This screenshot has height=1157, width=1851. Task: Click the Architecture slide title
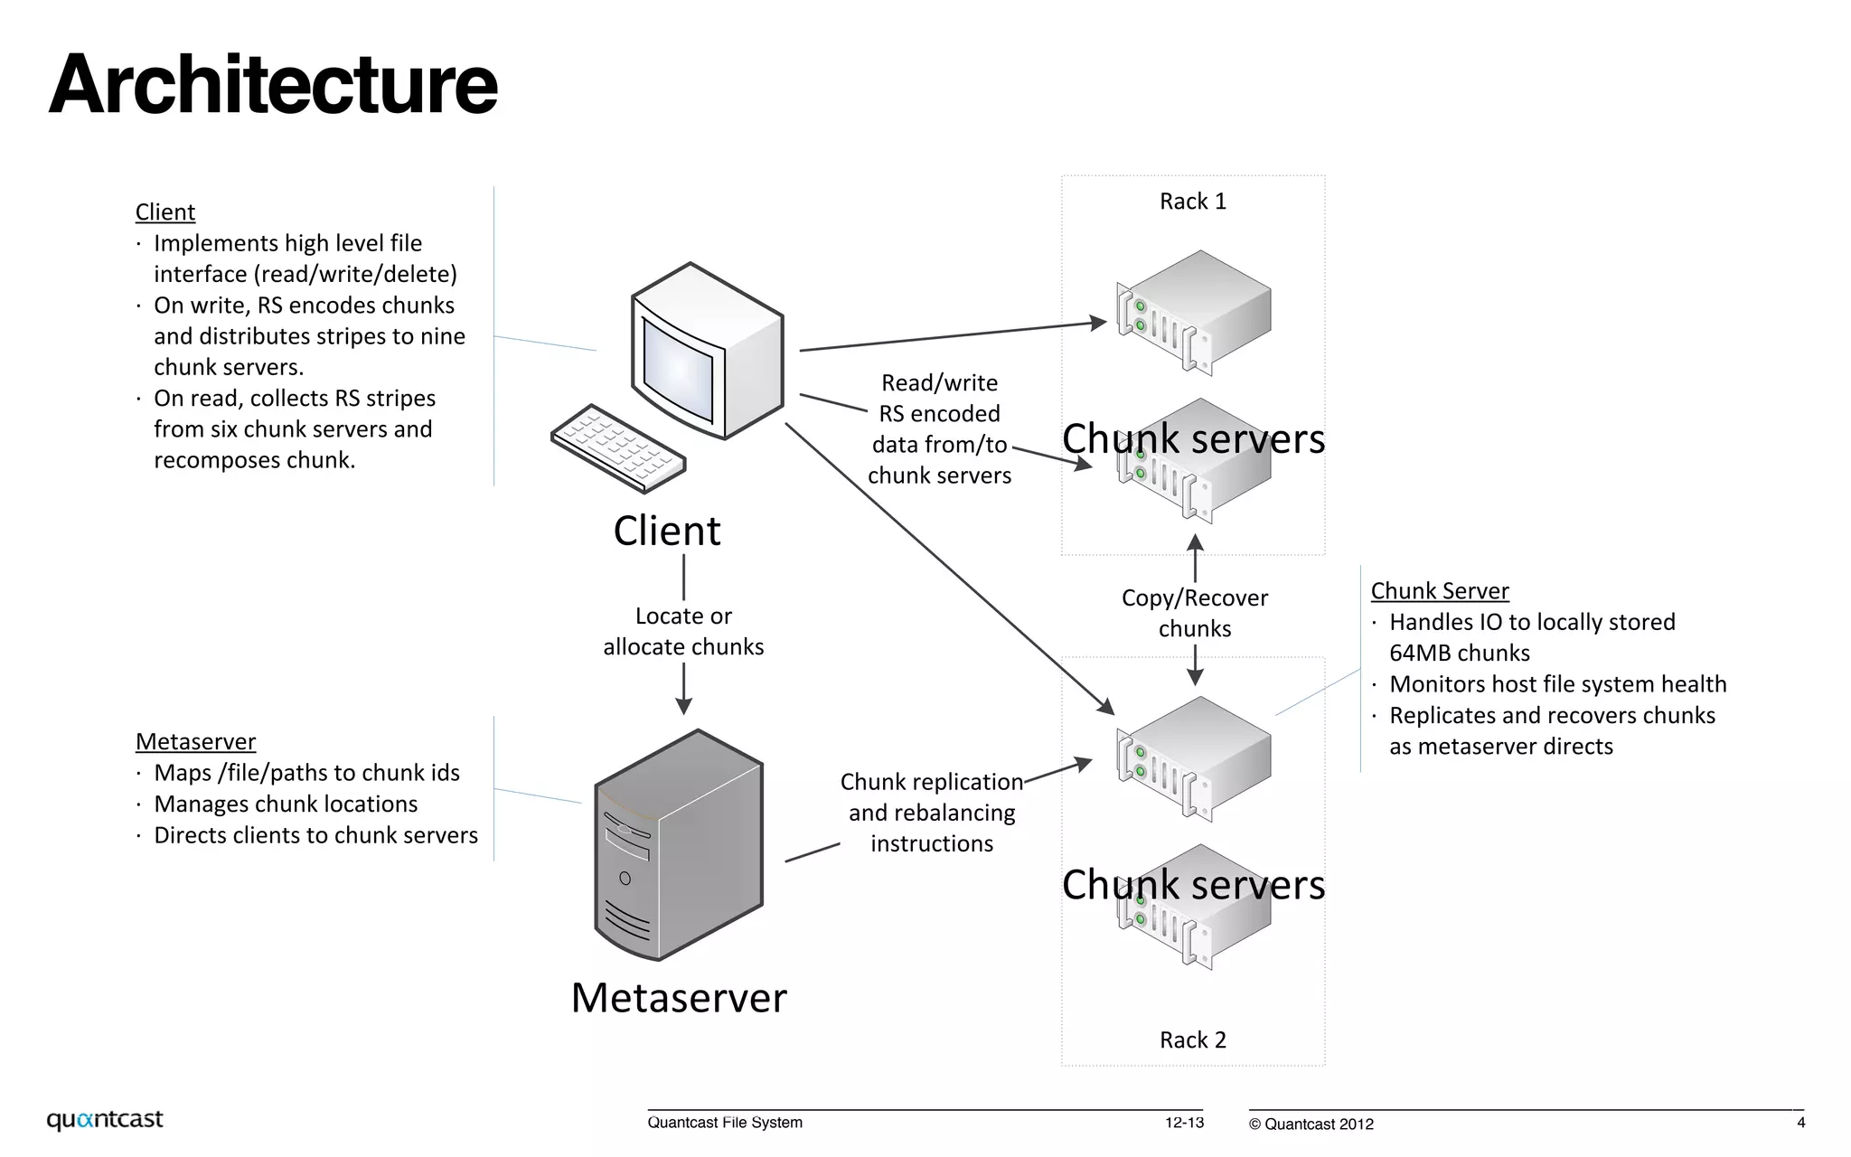point(273,84)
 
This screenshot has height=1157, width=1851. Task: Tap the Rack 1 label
point(1193,202)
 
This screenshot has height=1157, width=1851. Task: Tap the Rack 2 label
point(1193,1039)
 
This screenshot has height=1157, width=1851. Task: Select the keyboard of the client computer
point(618,448)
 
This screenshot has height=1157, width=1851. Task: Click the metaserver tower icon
point(678,845)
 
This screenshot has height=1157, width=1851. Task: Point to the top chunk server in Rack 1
point(1193,312)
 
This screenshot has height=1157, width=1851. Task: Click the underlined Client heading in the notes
point(165,212)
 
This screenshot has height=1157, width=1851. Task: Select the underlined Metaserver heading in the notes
point(195,742)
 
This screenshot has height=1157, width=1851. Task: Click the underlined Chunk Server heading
point(1440,591)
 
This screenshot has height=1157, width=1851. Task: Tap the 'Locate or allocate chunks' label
point(683,631)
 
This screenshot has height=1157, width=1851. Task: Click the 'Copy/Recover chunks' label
point(1195,613)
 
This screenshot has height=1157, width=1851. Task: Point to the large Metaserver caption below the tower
point(679,998)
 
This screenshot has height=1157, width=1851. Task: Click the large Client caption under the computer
point(667,531)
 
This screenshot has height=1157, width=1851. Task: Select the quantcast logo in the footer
point(105,1120)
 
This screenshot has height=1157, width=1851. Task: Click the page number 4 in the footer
point(1800,1123)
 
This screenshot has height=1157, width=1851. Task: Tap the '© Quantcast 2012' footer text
point(1311,1124)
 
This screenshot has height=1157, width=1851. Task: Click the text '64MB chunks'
point(1460,654)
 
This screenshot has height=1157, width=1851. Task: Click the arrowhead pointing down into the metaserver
point(684,706)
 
